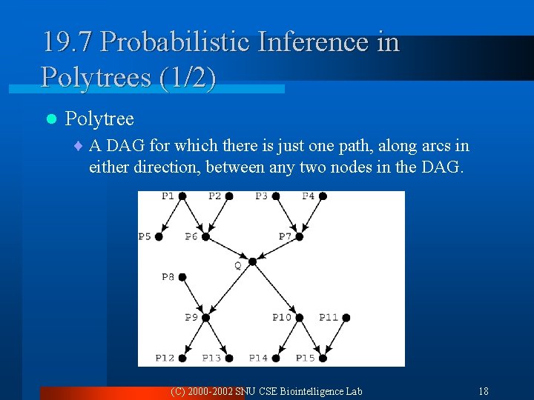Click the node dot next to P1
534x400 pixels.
point(182,196)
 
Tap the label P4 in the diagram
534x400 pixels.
point(309,196)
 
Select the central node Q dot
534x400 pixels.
point(252,261)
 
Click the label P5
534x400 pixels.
point(144,236)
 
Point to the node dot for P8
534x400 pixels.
point(182,277)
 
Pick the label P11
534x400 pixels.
point(329,317)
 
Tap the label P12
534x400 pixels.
point(165,358)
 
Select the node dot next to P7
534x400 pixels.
point(300,236)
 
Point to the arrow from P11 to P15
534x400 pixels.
point(334,338)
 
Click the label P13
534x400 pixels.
point(211,358)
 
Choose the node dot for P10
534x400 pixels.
point(300,317)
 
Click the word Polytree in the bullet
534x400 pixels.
point(99,119)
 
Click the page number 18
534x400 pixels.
point(483,391)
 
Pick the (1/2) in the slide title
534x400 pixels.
point(188,76)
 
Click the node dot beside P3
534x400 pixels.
point(276,196)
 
